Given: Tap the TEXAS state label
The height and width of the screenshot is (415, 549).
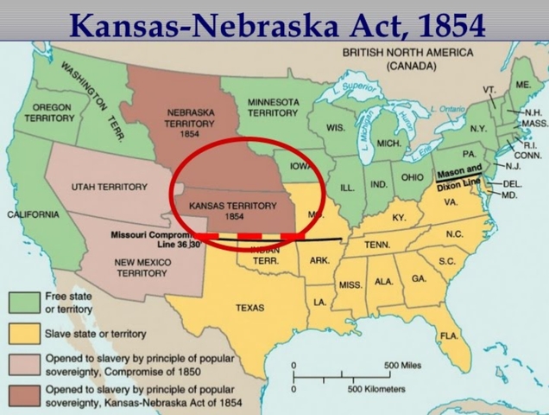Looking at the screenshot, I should click(250, 307).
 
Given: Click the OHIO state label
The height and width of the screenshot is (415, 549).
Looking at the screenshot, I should click(410, 177).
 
